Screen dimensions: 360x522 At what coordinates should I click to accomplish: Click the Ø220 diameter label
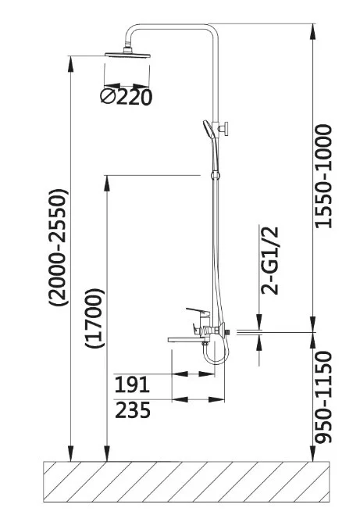[126, 97]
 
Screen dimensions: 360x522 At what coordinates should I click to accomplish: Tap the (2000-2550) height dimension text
[59, 247]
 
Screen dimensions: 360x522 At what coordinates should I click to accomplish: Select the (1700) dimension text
[94, 318]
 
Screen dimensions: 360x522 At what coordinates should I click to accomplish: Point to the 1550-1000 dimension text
[323, 176]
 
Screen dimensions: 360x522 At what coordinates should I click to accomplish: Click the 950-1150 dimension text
[323, 397]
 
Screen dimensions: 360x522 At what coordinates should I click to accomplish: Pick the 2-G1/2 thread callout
[269, 261]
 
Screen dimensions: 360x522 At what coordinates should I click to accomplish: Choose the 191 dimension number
[132, 384]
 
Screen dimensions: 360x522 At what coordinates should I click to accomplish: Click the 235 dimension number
[133, 409]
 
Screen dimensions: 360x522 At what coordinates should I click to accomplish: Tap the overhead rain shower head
[127, 54]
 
